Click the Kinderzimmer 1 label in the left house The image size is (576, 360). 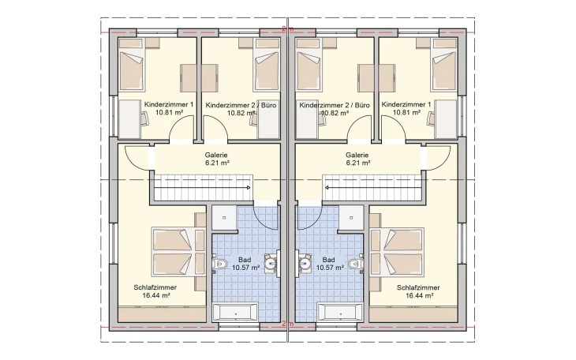point(169,104)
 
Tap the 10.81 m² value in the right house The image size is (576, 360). point(406,113)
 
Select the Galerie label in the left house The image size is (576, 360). point(216,156)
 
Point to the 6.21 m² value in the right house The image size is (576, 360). point(357,163)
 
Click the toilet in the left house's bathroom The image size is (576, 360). point(220,264)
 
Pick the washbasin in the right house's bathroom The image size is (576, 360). point(305,263)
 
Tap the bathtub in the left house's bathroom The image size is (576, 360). point(235,313)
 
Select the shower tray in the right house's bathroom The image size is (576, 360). point(351,218)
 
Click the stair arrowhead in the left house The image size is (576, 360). point(249,188)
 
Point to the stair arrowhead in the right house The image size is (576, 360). point(327,188)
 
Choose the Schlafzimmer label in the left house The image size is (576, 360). point(155,287)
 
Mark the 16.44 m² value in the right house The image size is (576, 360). point(420,295)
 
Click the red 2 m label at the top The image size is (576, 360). point(288,29)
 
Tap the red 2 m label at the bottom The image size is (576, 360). point(288,324)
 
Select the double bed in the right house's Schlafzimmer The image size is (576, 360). point(397,253)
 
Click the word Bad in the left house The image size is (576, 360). point(245,260)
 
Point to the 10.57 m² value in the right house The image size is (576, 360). point(330,268)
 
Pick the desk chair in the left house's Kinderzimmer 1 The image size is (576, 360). point(144,118)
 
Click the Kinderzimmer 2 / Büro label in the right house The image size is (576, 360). point(335,105)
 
